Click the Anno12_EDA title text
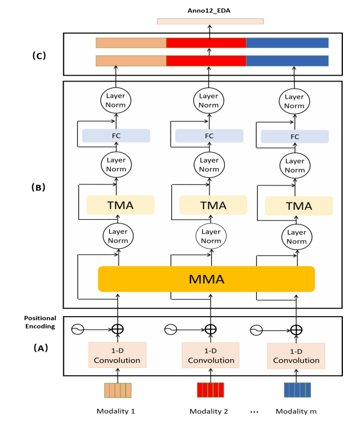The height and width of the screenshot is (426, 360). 211,10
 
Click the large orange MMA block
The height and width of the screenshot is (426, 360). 207,279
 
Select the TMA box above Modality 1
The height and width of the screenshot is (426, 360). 120,204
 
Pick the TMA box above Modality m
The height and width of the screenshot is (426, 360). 299,205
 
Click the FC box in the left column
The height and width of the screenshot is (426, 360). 116,135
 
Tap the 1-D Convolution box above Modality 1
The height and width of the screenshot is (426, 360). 118,355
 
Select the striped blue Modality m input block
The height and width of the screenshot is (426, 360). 297,391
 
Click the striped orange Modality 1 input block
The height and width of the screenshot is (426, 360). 117,391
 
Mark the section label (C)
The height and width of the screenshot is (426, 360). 40,56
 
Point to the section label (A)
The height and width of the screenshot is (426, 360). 39,348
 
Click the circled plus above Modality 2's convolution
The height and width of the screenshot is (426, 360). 210,330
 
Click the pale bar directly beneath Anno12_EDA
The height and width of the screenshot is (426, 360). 210,21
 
